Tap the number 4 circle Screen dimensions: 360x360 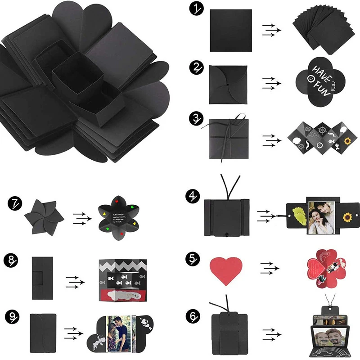click(193, 197)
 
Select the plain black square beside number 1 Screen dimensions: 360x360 click(230, 30)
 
